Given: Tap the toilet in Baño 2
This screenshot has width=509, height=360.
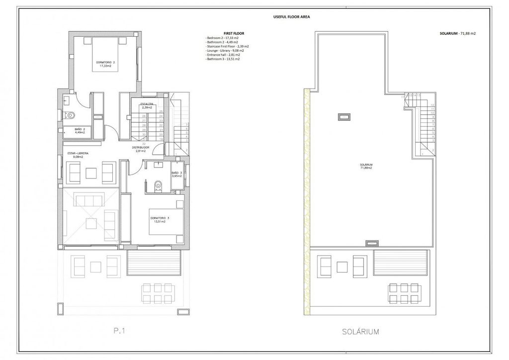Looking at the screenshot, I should point(70,115).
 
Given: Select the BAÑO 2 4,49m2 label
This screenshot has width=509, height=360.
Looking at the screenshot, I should point(76,131).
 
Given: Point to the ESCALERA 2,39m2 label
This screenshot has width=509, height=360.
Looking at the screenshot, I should point(147,105).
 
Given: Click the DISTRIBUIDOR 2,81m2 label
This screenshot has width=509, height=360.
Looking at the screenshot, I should point(141,150).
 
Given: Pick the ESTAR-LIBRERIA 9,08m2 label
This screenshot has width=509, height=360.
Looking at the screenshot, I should point(78,155).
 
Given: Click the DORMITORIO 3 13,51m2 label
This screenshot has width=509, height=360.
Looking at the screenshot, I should point(160,220).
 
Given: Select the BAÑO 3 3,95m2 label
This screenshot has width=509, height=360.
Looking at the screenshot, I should point(177,174).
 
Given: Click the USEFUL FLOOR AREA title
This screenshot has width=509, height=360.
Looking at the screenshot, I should point(292,16).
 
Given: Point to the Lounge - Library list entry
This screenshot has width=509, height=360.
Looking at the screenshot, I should point(223,51).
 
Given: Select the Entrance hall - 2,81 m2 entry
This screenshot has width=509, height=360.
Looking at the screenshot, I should point(223,55).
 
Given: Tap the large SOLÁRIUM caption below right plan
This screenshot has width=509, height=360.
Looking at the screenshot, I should point(366,330).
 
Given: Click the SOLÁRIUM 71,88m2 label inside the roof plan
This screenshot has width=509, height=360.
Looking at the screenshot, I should point(366,166).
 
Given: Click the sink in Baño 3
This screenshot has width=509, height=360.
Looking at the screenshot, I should point(159,164).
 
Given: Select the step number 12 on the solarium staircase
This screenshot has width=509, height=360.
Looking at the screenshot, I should point(433,105).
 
